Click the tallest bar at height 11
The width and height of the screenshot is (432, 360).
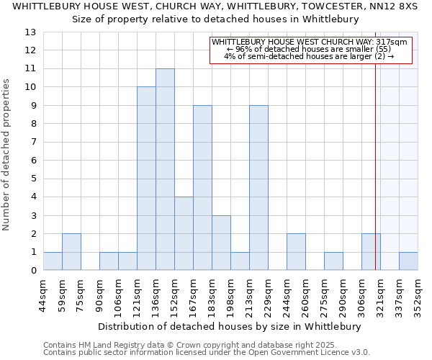[x=165, y=169]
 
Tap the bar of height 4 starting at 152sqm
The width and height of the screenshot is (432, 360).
[x=184, y=233]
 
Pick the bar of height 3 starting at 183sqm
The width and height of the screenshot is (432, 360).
[x=221, y=243]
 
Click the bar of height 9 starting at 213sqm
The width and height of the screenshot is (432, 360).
[x=258, y=188]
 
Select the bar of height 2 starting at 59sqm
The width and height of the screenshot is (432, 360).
[x=71, y=252]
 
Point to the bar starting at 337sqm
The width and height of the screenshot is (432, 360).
[x=408, y=261]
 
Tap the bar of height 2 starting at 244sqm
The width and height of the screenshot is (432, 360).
[x=296, y=252]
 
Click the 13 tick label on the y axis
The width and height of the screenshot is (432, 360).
[x=30, y=32]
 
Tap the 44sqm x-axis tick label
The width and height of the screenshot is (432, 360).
[x=43, y=291]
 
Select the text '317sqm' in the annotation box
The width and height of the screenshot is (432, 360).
[x=393, y=42]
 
